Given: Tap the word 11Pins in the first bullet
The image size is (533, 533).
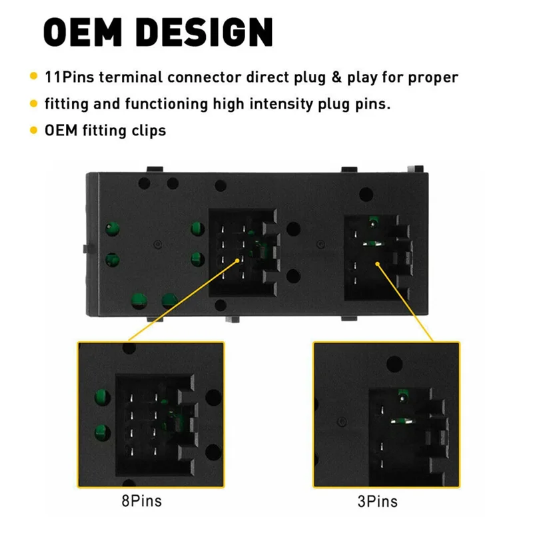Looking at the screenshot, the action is point(71,77).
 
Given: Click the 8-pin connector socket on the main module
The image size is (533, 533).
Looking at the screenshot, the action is point(243,253).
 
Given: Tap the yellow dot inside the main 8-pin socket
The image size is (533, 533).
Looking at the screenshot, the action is point(238,259).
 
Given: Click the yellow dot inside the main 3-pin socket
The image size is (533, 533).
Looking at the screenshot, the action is point(378,263).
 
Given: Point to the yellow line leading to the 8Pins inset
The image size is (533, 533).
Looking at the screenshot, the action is point(182,300).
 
